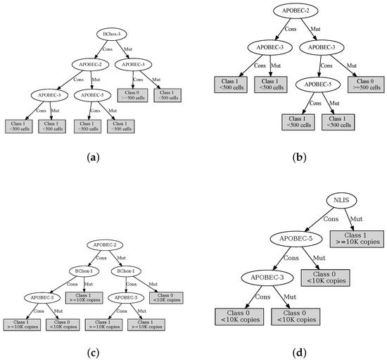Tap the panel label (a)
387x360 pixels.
[x=93, y=158]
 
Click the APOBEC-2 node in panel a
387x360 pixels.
[x=88, y=65]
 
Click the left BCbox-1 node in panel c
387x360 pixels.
[x=82, y=271]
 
